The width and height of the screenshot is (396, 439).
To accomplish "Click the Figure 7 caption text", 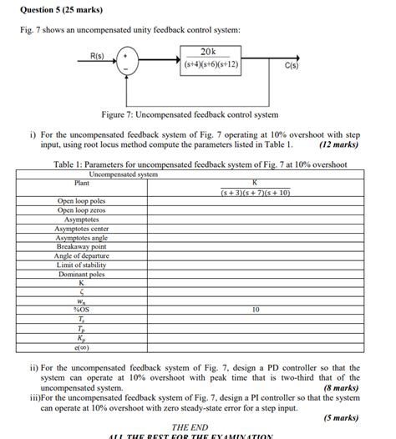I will click(x=190, y=114).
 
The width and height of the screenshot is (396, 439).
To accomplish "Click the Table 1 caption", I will click(x=200, y=164).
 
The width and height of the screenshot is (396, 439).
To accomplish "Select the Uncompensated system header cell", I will click(x=123, y=174).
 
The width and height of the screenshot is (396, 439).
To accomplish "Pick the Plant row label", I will click(x=81, y=183).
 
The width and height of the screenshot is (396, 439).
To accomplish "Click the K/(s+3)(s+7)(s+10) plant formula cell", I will click(x=255, y=187).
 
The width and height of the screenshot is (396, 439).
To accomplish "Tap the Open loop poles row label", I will click(x=82, y=201).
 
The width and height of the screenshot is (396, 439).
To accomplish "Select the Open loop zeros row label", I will click(x=82, y=210).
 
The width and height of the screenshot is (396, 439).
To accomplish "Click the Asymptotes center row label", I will click(x=82, y=229).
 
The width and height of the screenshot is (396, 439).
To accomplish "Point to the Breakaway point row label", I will click(x=82, y=247).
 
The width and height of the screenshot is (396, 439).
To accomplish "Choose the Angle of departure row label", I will click(x=82, y=255).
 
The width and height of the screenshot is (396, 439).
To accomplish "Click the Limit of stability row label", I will click(x=82, y=265).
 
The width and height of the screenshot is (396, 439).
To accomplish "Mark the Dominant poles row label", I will click(x=82, y=274).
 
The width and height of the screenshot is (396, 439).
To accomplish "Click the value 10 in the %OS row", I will click(x=255, y=310).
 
